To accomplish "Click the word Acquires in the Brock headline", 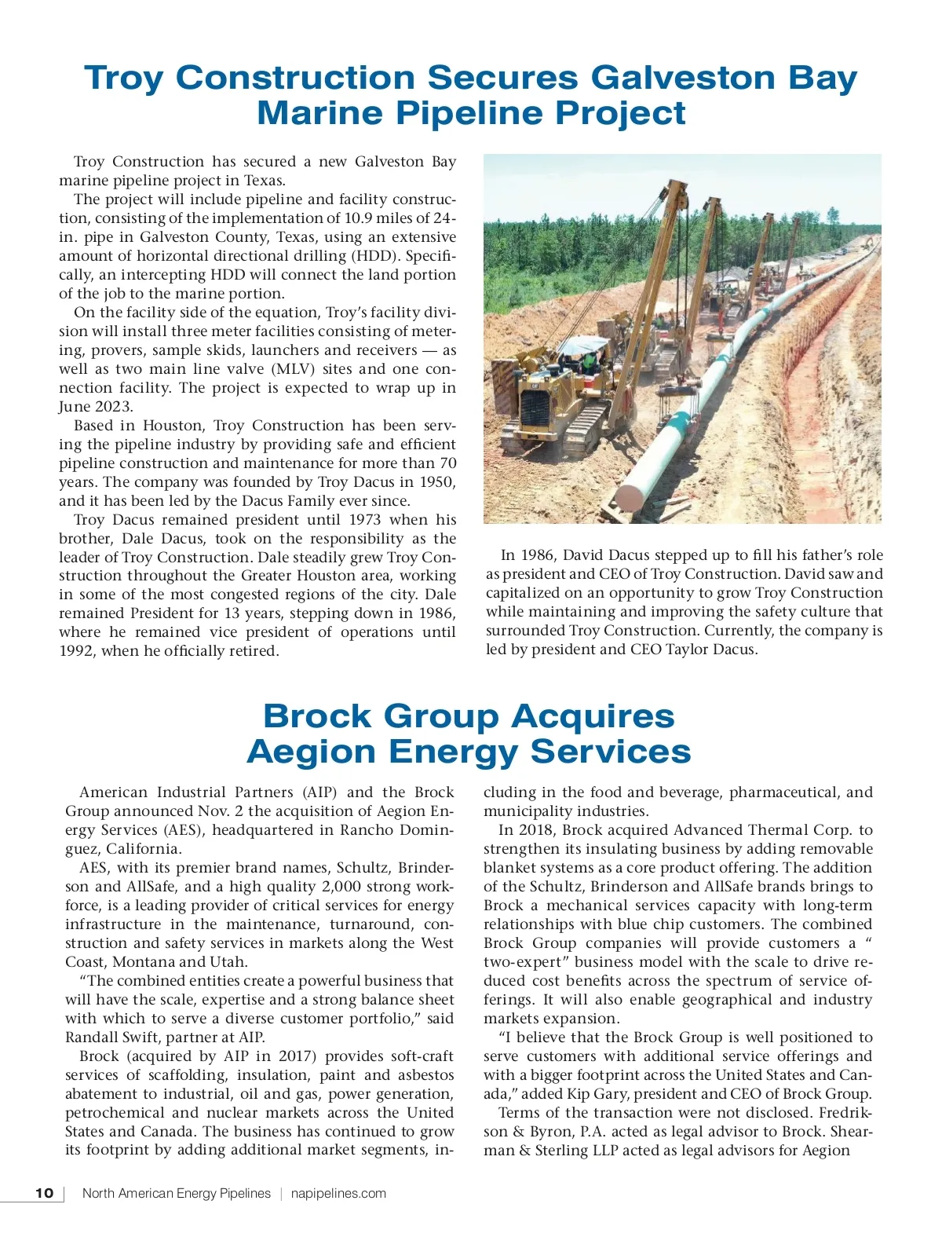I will click(593, 716).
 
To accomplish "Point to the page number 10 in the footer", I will click(45, 1193).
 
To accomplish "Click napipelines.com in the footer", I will click(338, 1193).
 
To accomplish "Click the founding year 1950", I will click(437, 482).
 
